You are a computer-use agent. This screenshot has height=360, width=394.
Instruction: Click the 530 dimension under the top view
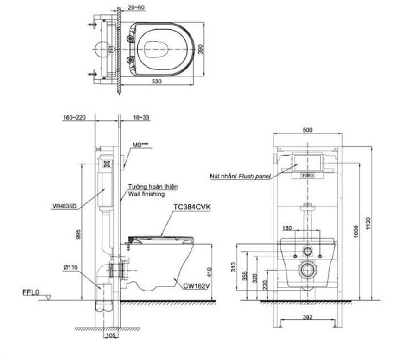click(157, 82)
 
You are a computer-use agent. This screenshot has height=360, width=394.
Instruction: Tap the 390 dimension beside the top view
click(201, 50)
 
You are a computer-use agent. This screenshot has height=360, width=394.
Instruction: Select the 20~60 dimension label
click(136, 7)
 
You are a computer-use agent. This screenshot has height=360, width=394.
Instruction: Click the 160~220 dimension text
click(74, 117)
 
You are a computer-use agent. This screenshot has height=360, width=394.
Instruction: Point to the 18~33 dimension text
click(140, 117)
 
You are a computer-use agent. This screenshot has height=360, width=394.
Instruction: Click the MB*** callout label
click(140, 145)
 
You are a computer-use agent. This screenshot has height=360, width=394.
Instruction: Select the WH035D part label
click(64, 207)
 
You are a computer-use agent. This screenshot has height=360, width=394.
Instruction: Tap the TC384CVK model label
click(192, 207)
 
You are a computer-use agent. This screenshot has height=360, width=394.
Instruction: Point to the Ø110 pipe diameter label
click(70, 267)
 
